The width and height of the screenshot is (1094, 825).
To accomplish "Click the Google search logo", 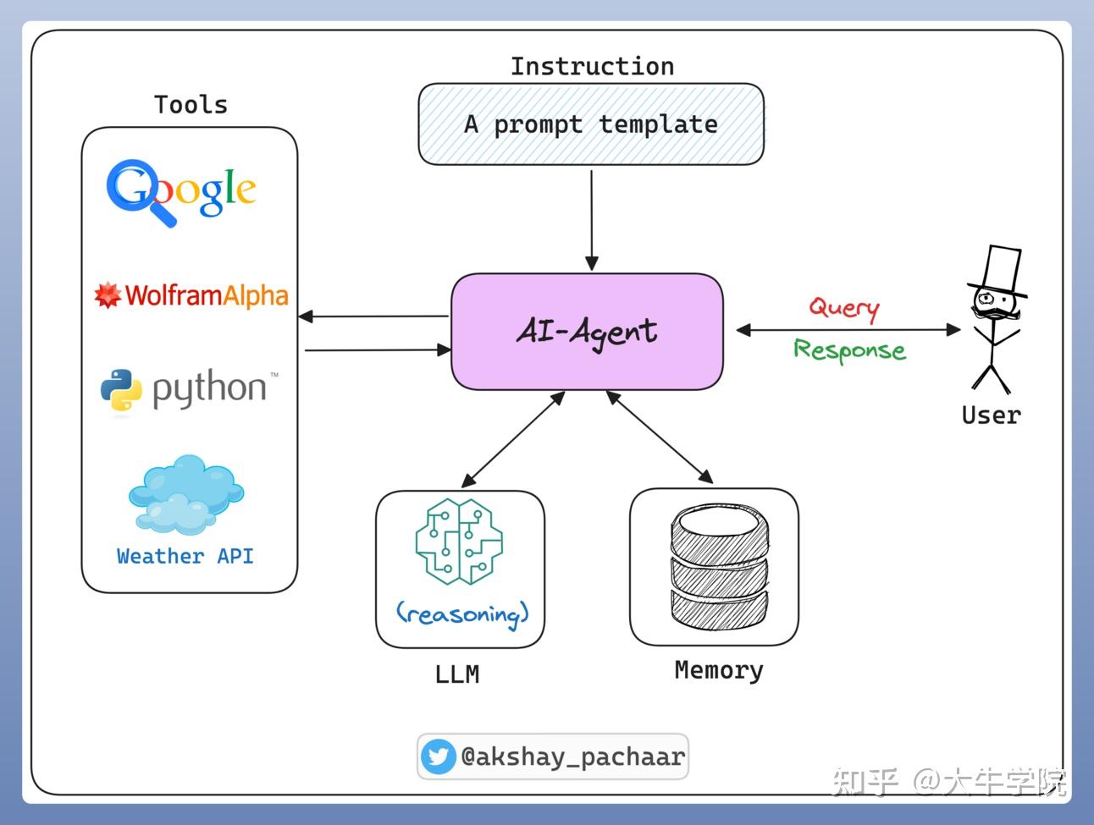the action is (x=181, y=193).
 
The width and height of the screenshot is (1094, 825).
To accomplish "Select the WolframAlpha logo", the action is (x=191, y=295).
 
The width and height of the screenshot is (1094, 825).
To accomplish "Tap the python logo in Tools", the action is (x=190, y=390).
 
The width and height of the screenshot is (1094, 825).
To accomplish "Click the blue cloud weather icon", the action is (x=186, y=493).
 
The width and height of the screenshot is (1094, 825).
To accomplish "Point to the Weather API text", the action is (x=185, y=556).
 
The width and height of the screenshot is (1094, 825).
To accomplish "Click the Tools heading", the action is (x=191, y=105).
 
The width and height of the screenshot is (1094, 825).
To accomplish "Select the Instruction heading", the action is (x=592, y=67).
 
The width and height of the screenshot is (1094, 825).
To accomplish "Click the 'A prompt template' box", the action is (x=591, y=124).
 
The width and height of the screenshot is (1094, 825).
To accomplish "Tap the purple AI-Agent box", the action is (x=587, y=332).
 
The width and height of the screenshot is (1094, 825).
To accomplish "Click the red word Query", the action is (x=844, y=308).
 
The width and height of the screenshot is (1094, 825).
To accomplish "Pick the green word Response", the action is (x=850, y=350).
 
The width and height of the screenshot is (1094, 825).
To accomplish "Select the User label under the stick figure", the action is (x=992, y=415).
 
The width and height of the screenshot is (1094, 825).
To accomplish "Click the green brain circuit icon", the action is (x=459, y=542).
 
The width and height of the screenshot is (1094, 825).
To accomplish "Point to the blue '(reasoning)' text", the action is (x=462, y=614).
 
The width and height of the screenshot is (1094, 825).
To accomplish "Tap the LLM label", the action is (x=457, y=674).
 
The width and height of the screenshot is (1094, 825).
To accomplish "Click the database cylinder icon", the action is (x=719, y=566).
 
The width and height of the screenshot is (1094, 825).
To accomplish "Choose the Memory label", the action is (x=719, y=671).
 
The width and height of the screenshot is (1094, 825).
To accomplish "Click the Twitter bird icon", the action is (x=438, y=756).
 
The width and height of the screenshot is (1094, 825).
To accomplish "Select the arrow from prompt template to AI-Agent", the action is (x=592, y=220).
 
